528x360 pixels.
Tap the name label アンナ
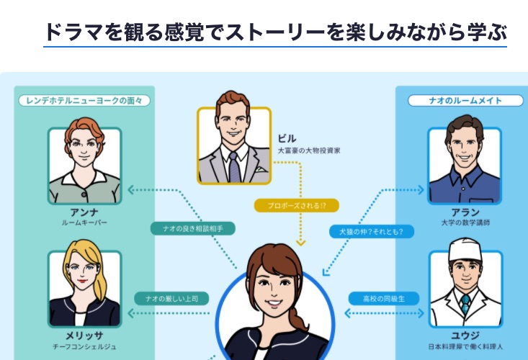click(84, 213)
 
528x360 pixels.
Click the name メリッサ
click(84, 335)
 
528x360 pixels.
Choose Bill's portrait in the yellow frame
click(234, 146)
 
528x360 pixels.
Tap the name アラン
click(465, 213)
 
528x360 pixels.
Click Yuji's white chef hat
click(464, 253)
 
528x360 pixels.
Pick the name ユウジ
click(465, 335)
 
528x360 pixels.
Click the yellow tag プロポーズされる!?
click(296, 206)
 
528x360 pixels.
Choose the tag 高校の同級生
click(385, 297)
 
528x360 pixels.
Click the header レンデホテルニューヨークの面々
click(84, 101)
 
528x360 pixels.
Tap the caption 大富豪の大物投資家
click(308, 151)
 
